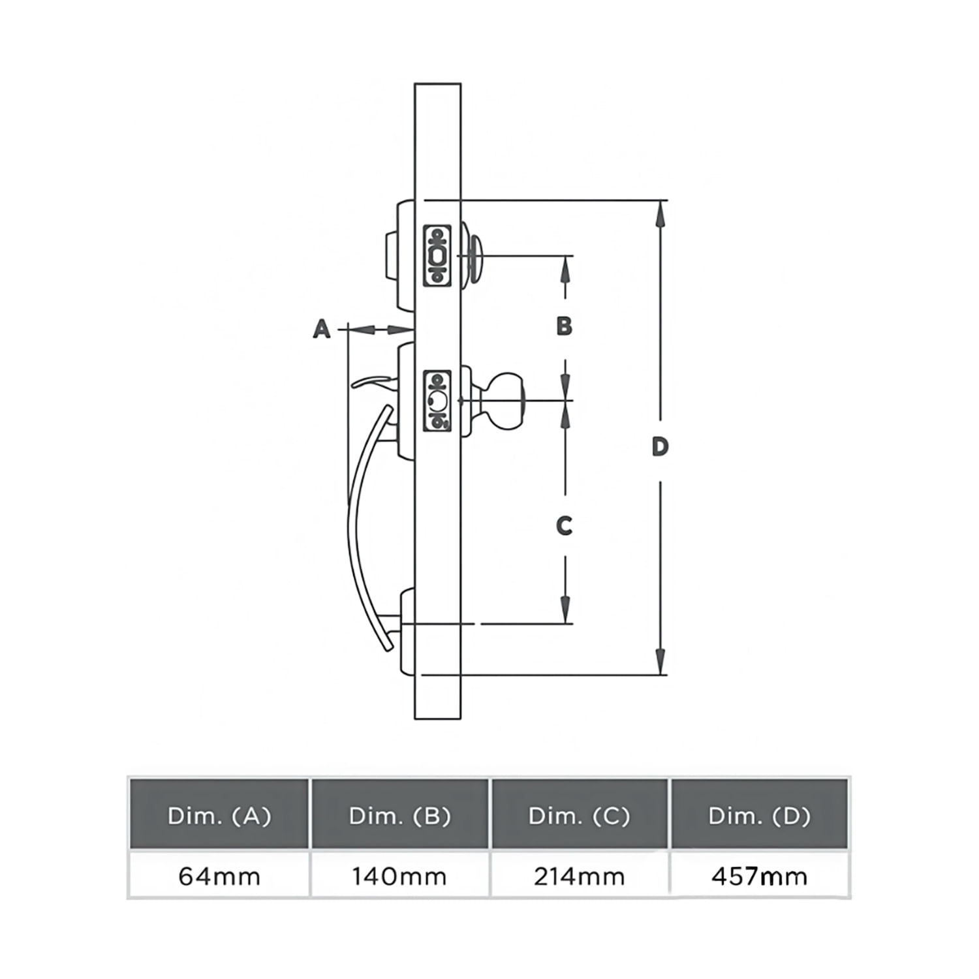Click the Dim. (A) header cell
(219, 814)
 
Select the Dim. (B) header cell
(400, 814)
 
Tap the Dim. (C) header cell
(580, 814)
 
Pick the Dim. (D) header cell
(760, 814)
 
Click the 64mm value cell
(219, 875)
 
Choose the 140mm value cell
(400, 875)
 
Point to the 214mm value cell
(580, 875)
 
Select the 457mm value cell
(760, 875)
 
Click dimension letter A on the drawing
(322, 329)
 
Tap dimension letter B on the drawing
(565, 325)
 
